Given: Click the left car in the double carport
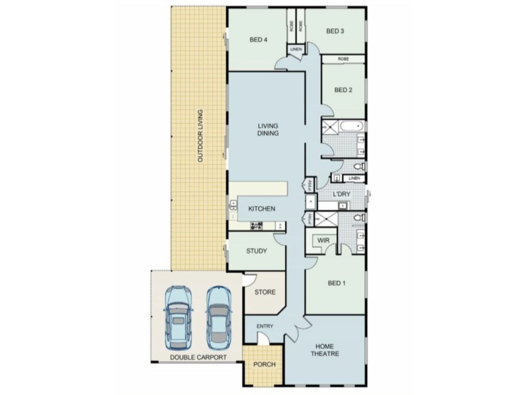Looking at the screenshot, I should click(178, 319).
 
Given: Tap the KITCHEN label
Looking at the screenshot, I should click(261, 209).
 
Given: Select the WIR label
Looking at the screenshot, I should click(323, 241).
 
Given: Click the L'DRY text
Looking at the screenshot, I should click(341, 194).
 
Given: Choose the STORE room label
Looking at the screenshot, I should click(265, 292).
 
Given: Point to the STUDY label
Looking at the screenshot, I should click(256, 251).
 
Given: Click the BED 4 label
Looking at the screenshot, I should click(258, 39).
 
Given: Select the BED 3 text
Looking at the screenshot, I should click(335, 31).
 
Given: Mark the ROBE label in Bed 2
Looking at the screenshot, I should click(343, 59).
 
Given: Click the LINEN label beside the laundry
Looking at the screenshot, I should click(354, 178).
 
